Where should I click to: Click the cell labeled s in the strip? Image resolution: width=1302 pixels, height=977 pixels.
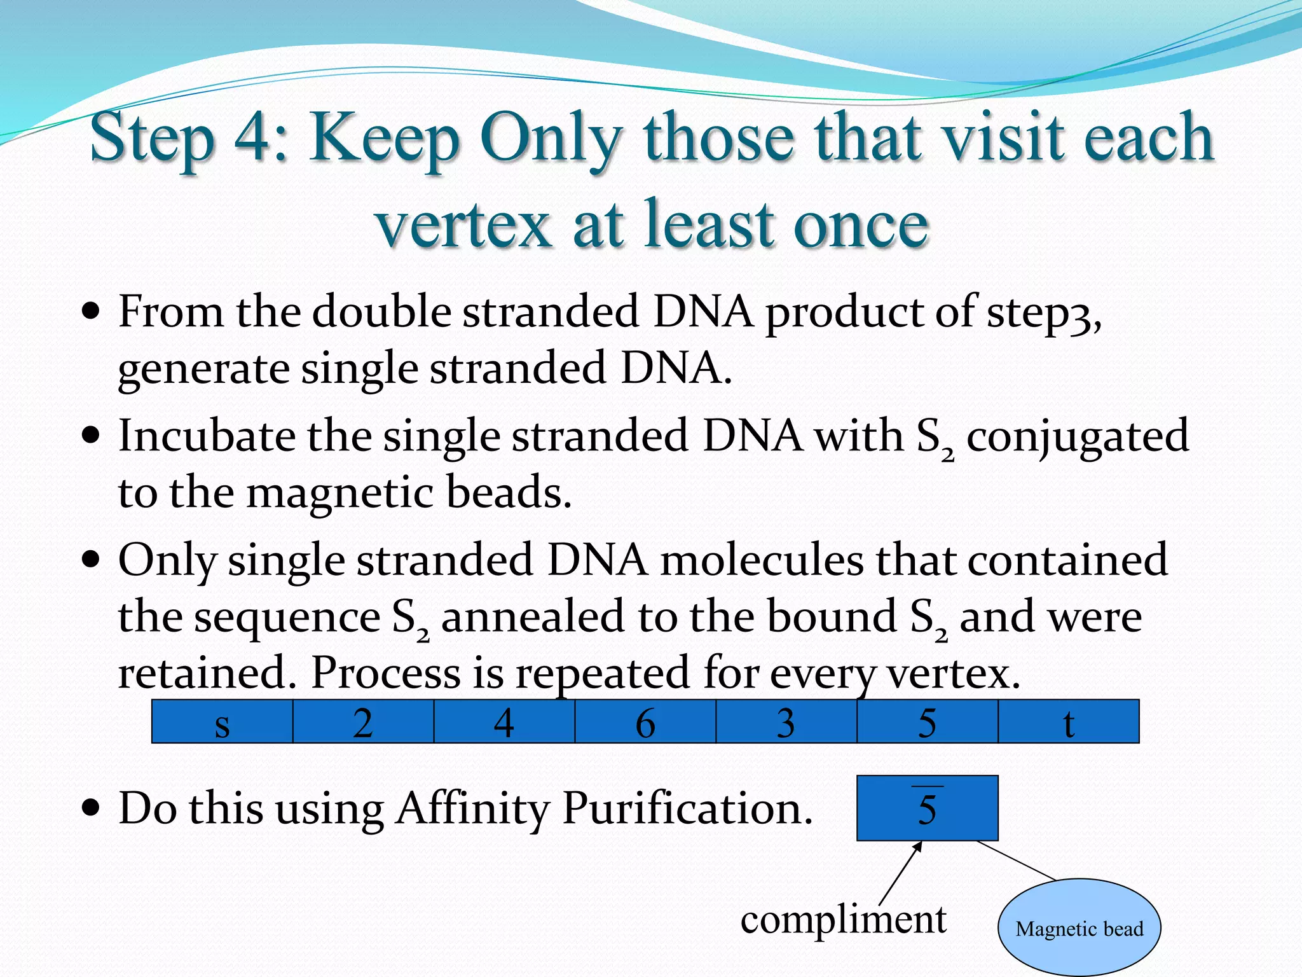coord(222,721)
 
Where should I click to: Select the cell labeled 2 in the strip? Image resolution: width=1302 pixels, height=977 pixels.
coord(363,721)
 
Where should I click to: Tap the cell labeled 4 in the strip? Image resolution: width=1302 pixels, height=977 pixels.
coord(504,721)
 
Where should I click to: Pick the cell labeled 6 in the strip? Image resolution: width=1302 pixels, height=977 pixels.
coord(645,721)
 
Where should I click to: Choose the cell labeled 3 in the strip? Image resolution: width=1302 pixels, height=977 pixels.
coord(786,721)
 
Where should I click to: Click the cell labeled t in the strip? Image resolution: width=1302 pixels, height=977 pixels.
coord(1069,721)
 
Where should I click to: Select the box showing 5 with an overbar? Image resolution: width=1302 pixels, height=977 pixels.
coord(927,808)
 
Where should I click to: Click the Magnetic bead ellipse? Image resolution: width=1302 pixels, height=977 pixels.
coord(1079,928)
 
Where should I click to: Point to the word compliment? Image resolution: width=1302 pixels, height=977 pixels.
coord(843,920)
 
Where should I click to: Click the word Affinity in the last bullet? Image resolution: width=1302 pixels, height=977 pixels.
coord(472,809)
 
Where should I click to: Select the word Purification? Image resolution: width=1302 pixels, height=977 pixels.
coord(687,809)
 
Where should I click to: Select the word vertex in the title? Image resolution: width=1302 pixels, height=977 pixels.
coord(463,224)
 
